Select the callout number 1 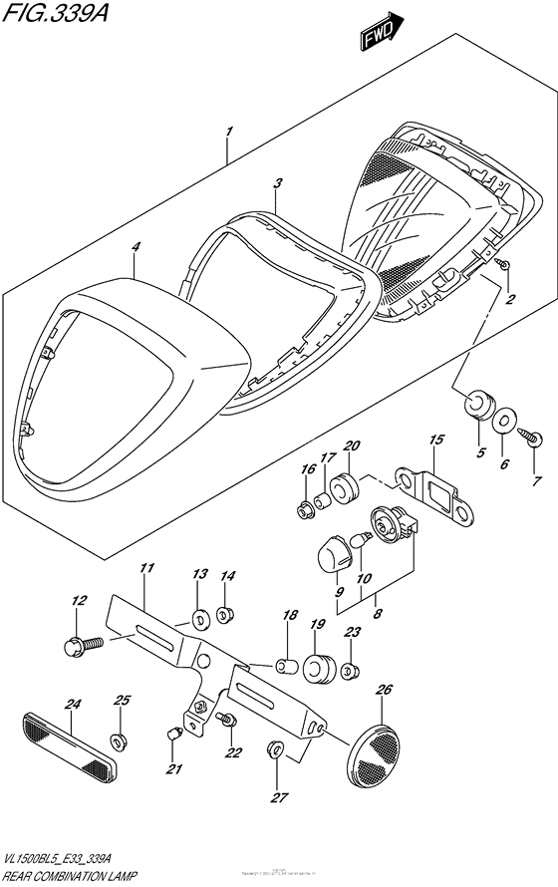(x=229, y=131)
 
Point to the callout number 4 (x=136, y=248)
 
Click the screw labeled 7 (x=529, y=436)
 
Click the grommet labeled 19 (x=318, y=667)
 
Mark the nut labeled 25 (x=118, y=739)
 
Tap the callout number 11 (x=146, y=569)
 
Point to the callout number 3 (x=279, y=183)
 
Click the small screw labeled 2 (x=505, y=263)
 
